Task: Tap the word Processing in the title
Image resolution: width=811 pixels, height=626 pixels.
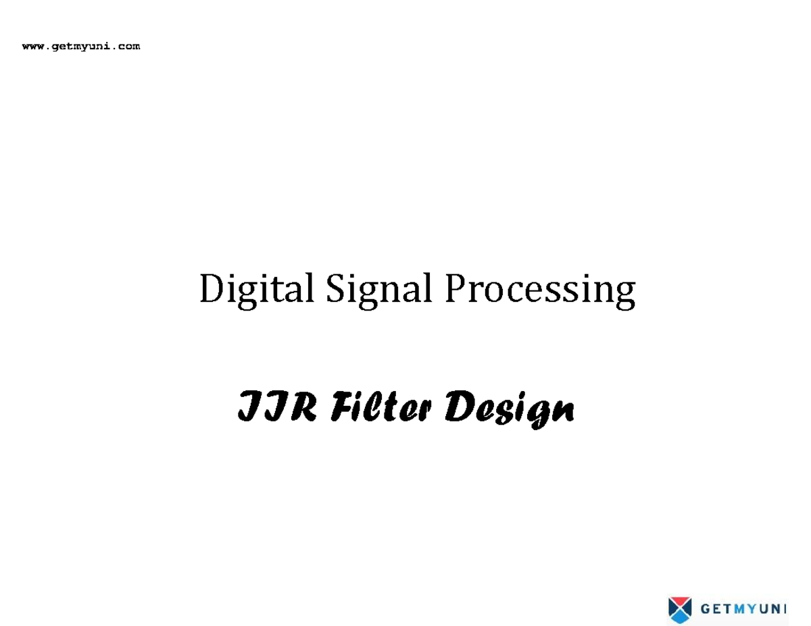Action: (539, 290)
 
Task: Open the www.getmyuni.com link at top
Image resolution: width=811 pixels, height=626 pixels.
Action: (81, 47)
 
